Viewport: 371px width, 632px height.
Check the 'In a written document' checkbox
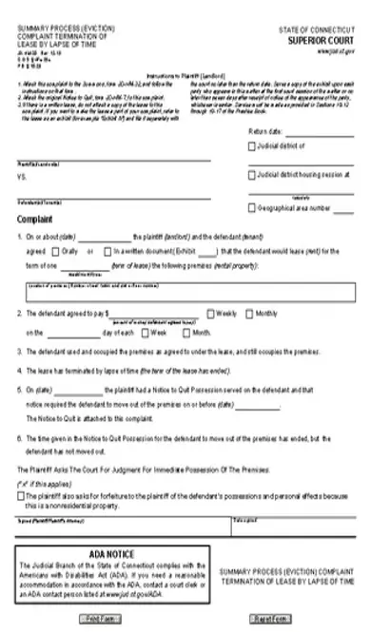(x=110, y=252)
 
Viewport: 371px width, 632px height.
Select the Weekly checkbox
(x=212, y=313)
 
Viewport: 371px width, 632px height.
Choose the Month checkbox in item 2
(x=186, y=333)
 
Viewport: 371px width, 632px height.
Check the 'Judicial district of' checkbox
(x=251, y=146)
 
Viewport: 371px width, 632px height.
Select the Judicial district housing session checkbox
(x=251, y=175)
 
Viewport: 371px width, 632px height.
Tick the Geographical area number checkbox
(x=251, y=206)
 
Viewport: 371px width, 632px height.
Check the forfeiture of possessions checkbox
(x=22, y=495)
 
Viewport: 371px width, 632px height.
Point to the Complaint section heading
(x=35, y=219)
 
